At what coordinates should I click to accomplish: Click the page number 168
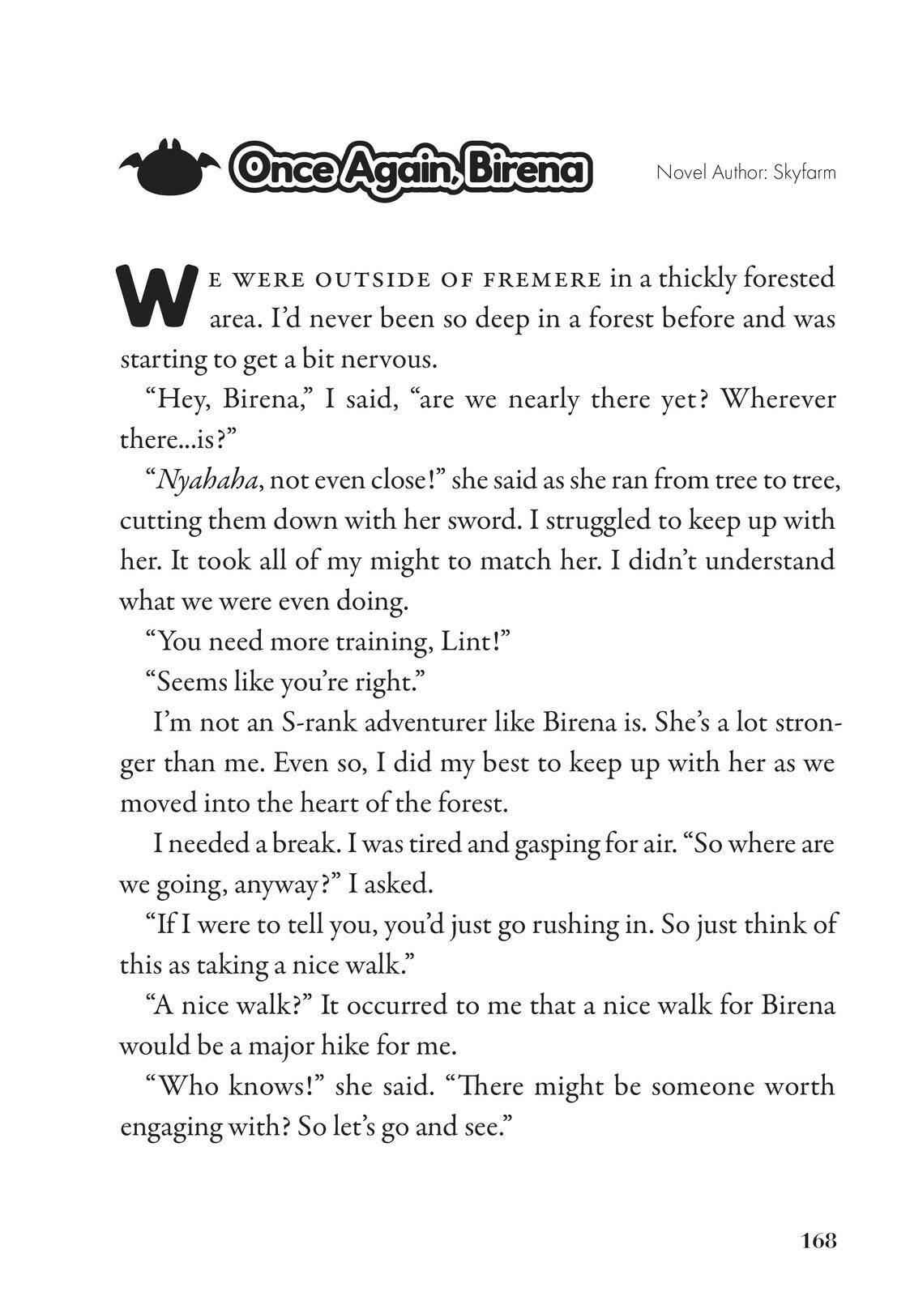point(818,1240)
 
